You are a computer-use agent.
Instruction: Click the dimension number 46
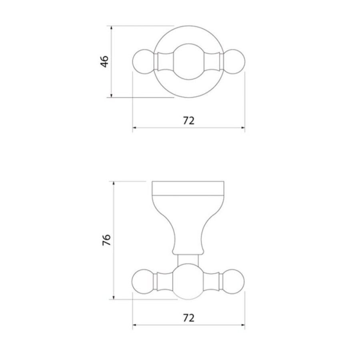point(104,61)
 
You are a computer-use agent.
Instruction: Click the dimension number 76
point(106,240)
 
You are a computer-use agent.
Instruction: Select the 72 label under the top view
point(188,120)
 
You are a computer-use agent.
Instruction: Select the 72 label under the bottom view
point(189,318)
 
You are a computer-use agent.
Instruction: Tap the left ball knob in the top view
point(144,62)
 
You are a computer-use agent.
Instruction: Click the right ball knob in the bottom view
point(233,282)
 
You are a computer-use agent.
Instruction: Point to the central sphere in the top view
point(188,62)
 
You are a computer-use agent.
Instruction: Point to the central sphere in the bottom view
point(188,282)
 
